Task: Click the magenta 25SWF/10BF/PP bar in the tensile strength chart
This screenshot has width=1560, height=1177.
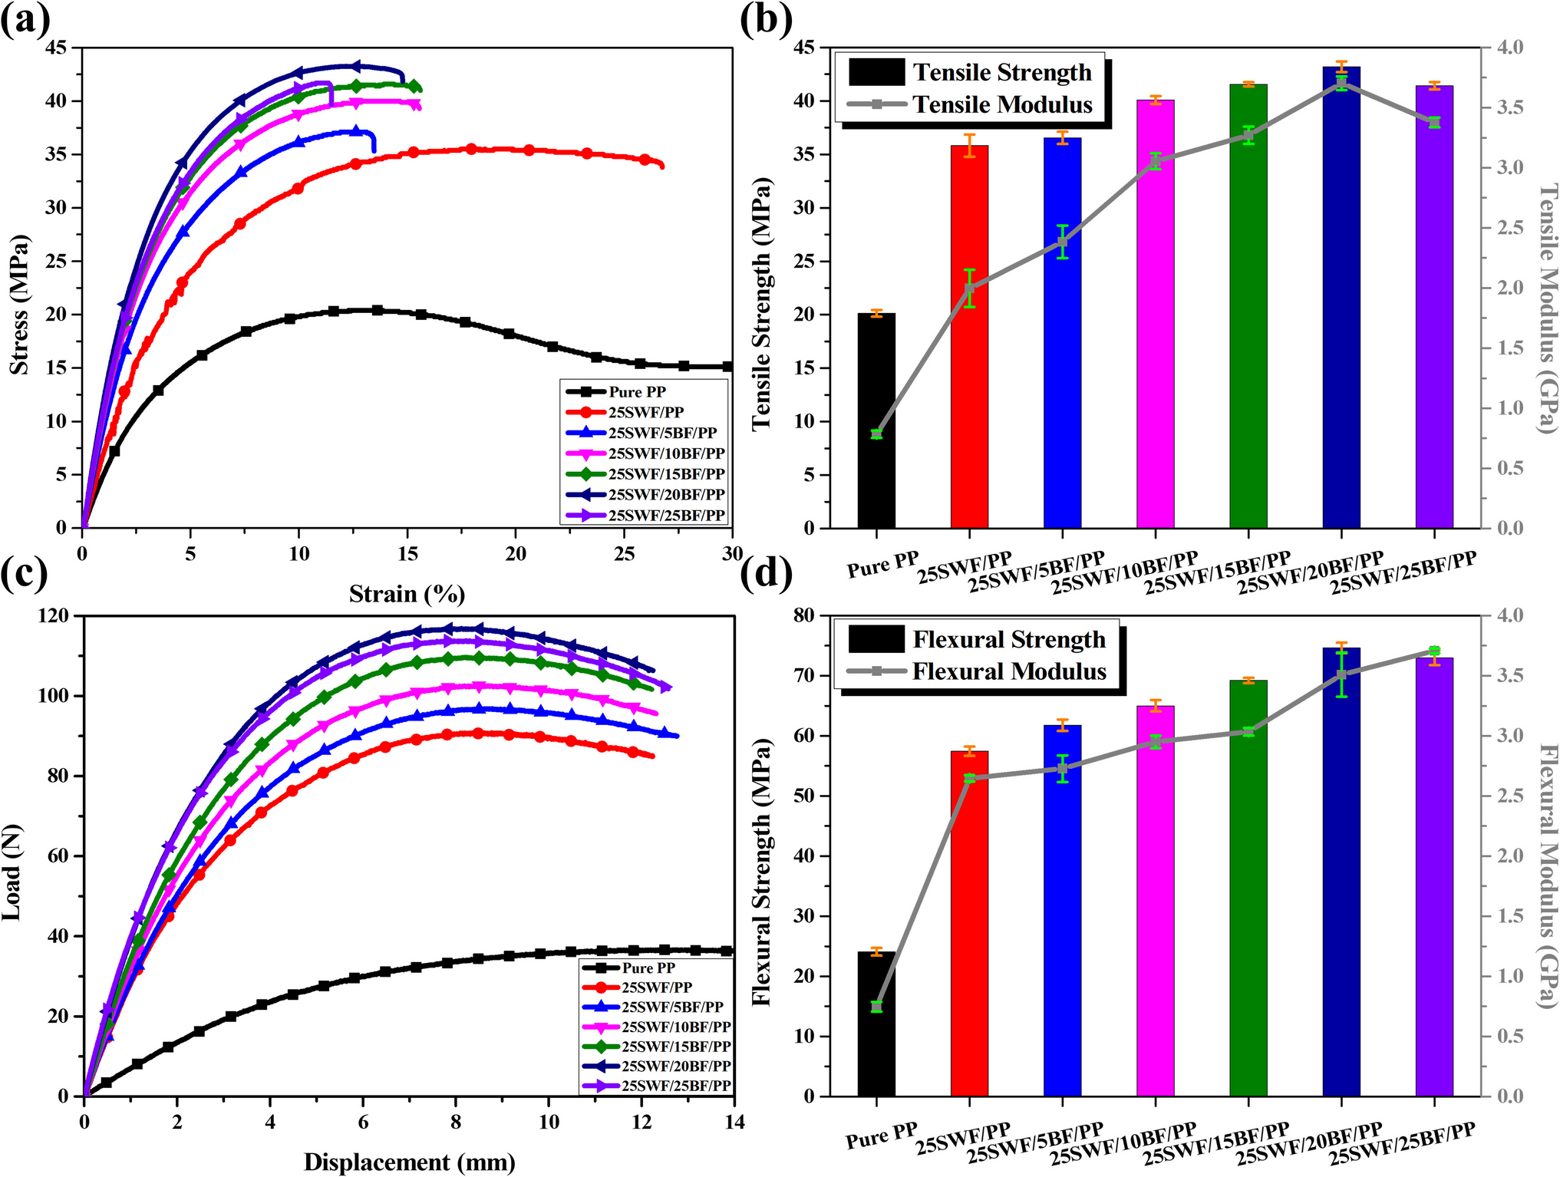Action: pyautogui.click(x=1155, y=315)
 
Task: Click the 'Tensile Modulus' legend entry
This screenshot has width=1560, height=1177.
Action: pyautogui.click(x=1001, y=104)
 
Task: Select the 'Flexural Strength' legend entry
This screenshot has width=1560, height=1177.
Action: pyautogui.click(x=1008, y=639)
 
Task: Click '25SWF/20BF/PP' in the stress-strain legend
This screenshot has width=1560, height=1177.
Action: pyautogui.click(x=666, y=495)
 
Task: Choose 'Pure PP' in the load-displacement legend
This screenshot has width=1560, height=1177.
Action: pyautogui.click(x=648, y=968)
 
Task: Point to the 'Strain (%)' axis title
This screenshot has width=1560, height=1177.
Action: pyautogui.click(x=407, y=594)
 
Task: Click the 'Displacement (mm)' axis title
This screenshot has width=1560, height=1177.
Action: pyautogui.click(x=409, y=1162)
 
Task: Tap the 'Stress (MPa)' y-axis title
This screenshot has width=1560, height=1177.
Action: pyautogui.click(x=19, y=305)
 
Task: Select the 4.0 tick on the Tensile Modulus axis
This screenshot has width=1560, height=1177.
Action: pyautogui.click(x=1512, y=48)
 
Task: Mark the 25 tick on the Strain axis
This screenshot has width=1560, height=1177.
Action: pyautogui.click(x=625, y=554)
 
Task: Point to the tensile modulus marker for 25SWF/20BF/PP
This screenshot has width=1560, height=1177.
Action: pyautogui.click(x=1341, y=83)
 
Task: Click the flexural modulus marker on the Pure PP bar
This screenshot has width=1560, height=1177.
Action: pyautogui.click(x=876, y=1006)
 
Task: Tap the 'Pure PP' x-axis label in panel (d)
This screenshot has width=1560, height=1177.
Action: pyautogui.click(x=882, y=1137)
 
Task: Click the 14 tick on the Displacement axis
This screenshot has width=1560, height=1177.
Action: pyautogui.click(x=734, y=1123)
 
